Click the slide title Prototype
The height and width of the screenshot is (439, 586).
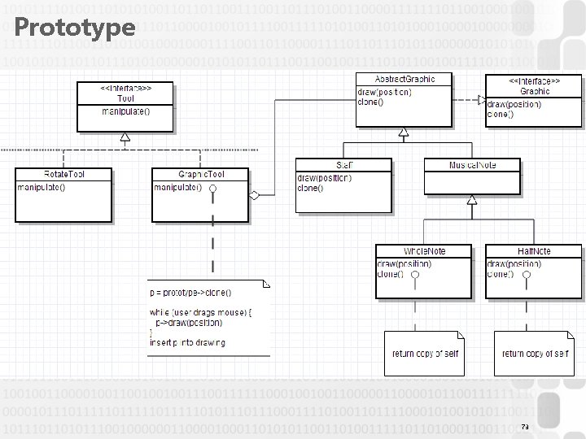pos(74,28)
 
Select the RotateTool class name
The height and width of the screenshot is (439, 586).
pos(63,174)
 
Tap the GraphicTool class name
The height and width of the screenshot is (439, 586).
pos(201,174)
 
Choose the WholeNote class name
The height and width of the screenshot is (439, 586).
pos(424,251)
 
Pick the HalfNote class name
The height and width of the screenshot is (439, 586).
pos(535,251)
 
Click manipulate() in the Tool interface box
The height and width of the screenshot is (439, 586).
pos(125,111)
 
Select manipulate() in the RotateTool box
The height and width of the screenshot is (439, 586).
pos(42,187)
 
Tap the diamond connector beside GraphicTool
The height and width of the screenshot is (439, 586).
pos(255,195)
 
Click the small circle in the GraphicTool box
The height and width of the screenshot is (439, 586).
pos(212,188)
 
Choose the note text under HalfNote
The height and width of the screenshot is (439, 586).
pos(535,353)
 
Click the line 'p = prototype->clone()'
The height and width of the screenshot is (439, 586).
pos(190,292)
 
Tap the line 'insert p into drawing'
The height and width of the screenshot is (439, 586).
pos(187,342)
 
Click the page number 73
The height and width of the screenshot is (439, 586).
pos(525,427)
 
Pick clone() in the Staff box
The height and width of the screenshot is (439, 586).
pos(310,189)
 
